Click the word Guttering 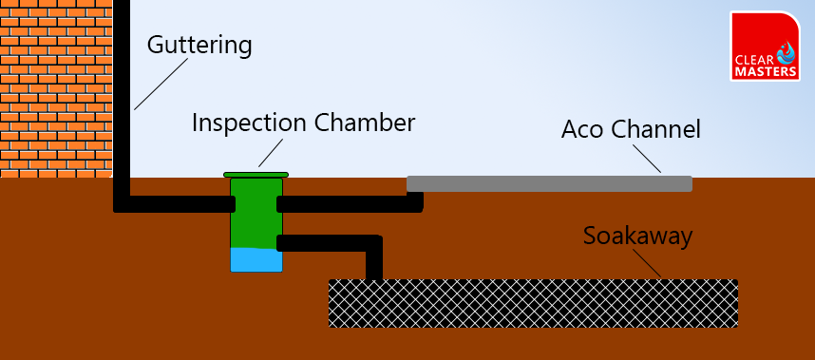(199, 45)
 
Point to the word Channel (657, 129)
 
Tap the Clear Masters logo (765, 47)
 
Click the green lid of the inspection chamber (256, 174)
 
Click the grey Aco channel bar (549, 183)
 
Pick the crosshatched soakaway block (533, 303)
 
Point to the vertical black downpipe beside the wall (122, 95)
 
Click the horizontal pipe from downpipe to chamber (176, 204)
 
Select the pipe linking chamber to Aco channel (347, 203)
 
